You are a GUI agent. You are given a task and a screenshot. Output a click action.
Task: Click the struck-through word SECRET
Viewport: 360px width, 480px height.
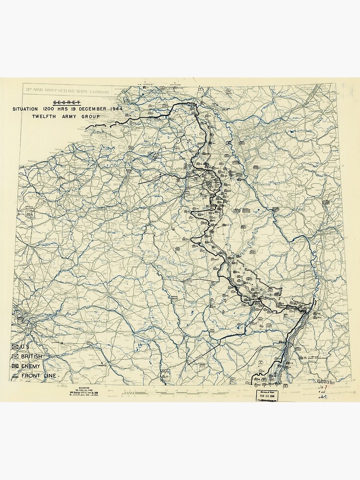(x=66, y=103)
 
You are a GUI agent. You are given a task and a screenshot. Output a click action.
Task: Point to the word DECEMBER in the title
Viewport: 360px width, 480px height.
(x=91, y=109)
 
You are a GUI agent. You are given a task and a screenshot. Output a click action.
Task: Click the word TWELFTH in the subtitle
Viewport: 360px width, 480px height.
(x=45, y=117)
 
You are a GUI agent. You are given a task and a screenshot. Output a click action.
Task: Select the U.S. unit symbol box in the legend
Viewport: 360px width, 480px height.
(x=16, y=347)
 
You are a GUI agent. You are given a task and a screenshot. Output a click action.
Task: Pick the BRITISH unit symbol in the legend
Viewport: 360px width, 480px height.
(x=16, y=356)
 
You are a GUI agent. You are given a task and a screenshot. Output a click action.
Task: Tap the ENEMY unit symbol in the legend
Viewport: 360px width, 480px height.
(x=16, y=366)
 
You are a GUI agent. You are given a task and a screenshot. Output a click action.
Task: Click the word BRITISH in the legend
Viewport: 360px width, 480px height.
(x=32, y=356)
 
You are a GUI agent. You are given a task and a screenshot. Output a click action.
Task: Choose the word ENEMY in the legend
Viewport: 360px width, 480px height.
(x=31, y=366)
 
